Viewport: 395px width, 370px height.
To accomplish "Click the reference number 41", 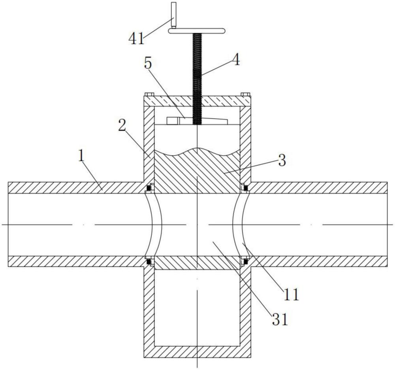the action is (x=136, y=39).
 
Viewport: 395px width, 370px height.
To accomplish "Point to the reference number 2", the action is (x=122, y=125).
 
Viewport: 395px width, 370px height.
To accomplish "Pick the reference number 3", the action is (x=282, y=160).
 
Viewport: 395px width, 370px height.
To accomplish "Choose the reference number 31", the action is (x=279, y=319).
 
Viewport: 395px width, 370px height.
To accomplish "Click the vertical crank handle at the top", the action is (x=173, y=15).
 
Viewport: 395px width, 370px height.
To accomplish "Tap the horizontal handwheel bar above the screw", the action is (x=196, y=31).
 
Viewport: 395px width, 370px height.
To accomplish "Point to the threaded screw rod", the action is (x=197, y=79).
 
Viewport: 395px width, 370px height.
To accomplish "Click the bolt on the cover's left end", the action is (x=149, y=94).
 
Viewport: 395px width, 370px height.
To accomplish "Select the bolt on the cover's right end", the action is (x=245, y=94).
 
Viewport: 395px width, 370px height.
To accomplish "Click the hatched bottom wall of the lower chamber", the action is (x=197, y=352).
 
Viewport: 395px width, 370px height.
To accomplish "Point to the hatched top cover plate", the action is (x=197, y=101).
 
